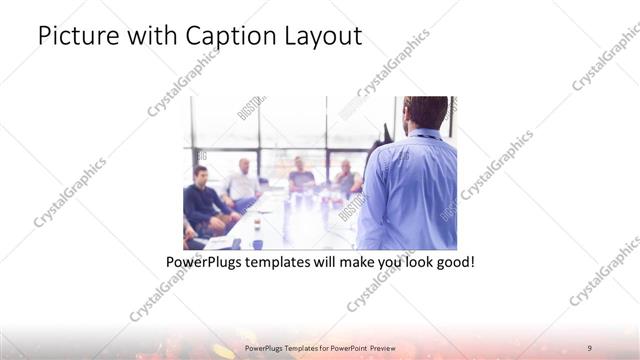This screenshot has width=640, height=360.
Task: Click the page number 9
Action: point(590,348)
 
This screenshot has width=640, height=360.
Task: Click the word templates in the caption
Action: point(283,263)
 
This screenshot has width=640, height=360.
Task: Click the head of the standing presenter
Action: point(426,113)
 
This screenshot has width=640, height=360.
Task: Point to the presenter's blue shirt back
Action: point(412,190)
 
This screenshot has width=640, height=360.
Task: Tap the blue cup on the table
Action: point(257,243)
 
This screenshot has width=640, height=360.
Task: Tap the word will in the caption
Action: point(328,263)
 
